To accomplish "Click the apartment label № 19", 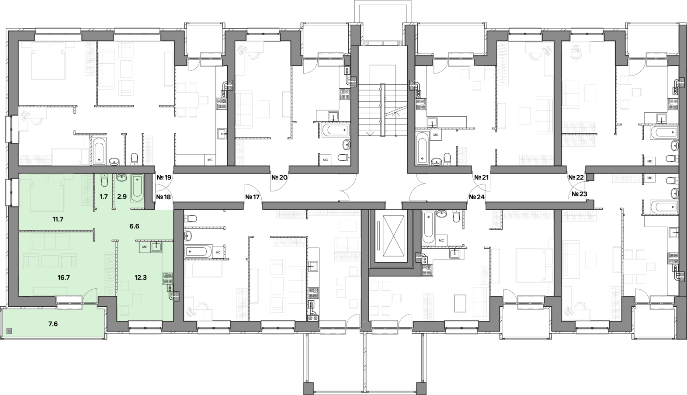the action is pyautogui.click(x=164, y=177).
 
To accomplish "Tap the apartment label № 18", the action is pyautogui.click(x=163, y=197).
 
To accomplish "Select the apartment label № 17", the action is pyautogui.click(x=253, y=197).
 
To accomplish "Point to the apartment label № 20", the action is pyautogui.click(x=279, y=177).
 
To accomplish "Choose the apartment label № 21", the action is pyautogui.click(x=481, y=177).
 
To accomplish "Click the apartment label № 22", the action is pyautogui.click(x=576, y=177).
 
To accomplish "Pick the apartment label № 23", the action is pyautogui.click(x=579, y=194).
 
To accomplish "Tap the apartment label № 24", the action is pyautogui.click(x=477, y=197).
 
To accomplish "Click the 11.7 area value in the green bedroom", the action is pyautogui.click(x=58, y=219).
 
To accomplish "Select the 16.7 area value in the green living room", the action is pyautogui.click(x=64, y=277).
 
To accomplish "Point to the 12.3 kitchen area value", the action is pyautogui.click(x=140, y=277).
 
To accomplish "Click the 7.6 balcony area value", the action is pyautogui.click(x=53, y=323).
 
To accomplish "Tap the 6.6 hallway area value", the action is pyautogui.click(x=134, y=226).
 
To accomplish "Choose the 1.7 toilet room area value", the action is pyautogui.click(x=104, y=197).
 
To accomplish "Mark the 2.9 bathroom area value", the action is pyautogui.click(x=122, y=197).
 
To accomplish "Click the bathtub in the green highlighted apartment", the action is pyautogui.click(x=137, y=188).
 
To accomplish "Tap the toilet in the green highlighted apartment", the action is pyautogui.click(x=104, y=180).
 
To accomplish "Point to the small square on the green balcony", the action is pyautogui.click(x=10, y=331).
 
